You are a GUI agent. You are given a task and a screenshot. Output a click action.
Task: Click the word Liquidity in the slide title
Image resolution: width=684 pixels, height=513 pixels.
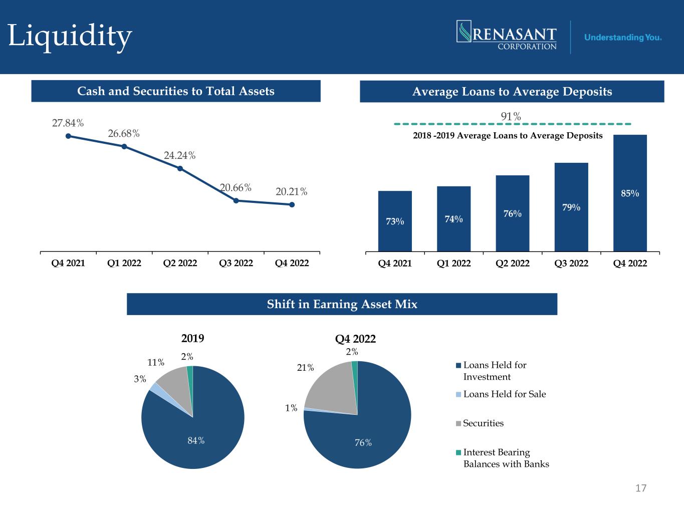(70, 37)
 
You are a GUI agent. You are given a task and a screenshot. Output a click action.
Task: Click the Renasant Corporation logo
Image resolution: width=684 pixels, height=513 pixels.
(507, 35)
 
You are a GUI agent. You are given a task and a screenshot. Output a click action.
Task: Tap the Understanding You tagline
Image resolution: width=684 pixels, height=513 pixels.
(623, 38)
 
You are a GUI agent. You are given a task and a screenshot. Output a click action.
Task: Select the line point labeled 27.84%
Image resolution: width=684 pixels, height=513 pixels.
(69, 136)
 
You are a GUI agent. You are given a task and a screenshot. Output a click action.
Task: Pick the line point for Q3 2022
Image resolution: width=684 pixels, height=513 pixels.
(236, 201)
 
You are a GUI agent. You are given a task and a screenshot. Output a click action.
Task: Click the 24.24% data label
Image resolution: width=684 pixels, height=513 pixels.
(180, 155)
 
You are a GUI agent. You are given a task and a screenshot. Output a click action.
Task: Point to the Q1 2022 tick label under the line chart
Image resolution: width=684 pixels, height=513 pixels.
(124, 263)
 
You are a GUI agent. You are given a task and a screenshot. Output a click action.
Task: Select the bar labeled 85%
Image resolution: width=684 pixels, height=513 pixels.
(630, 193)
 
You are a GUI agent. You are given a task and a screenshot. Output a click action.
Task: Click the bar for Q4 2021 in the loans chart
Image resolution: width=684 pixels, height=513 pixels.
(395, 221)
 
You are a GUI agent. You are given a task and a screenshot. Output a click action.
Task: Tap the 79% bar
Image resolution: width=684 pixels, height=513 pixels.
(571, 207)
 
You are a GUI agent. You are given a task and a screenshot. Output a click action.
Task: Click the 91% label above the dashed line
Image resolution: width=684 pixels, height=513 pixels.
(511, 117)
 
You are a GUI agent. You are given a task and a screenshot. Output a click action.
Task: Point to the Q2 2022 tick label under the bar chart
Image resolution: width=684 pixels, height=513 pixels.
(513, 264)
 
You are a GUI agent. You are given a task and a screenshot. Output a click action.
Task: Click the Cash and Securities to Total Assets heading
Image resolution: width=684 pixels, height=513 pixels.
(176, 91)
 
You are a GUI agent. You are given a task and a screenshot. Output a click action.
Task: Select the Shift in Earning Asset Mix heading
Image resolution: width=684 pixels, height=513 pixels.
(342, 304)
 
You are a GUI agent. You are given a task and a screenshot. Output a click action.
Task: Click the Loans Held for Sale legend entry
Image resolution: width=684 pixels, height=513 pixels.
(501, 394)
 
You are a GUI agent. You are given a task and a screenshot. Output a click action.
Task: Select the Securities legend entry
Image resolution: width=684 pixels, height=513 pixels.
(480, 423)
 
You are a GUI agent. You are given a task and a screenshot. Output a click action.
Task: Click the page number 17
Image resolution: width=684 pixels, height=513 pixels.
(641, 488)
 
